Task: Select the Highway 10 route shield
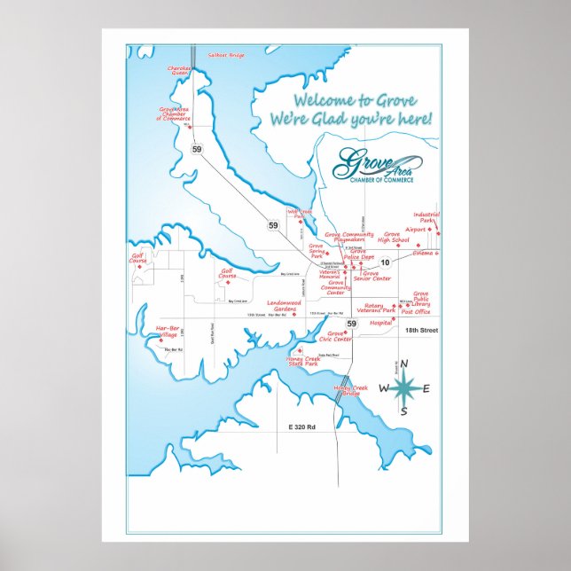click(386, 262)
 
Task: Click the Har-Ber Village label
click(167, 331)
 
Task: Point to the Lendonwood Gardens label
click(285, 306)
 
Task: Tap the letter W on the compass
click(384, 388)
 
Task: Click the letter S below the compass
click(403, 411)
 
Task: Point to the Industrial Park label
click(426, 217)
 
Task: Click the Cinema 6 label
click(426, 254)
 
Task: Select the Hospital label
click(380, 323)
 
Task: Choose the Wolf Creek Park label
click(299, 214)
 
